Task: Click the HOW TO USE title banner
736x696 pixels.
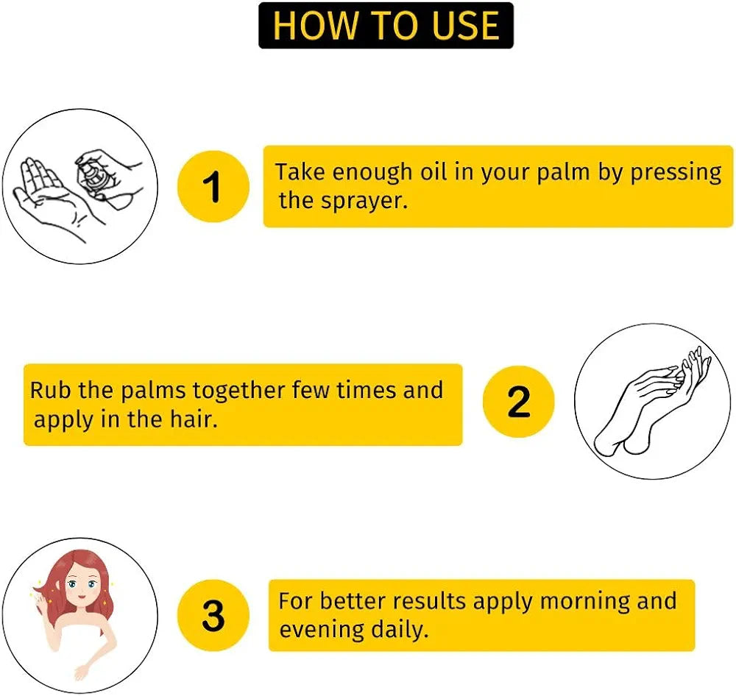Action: coord(386,26)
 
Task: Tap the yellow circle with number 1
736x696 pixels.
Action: coord(213,186)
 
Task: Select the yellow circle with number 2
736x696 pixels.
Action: coord(518,402)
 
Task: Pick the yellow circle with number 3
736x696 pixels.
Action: coord(213,615)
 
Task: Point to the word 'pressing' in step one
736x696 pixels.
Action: coord(676,173)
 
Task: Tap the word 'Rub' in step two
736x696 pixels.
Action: coord(50,390)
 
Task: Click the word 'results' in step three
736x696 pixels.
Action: coord(431,601)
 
